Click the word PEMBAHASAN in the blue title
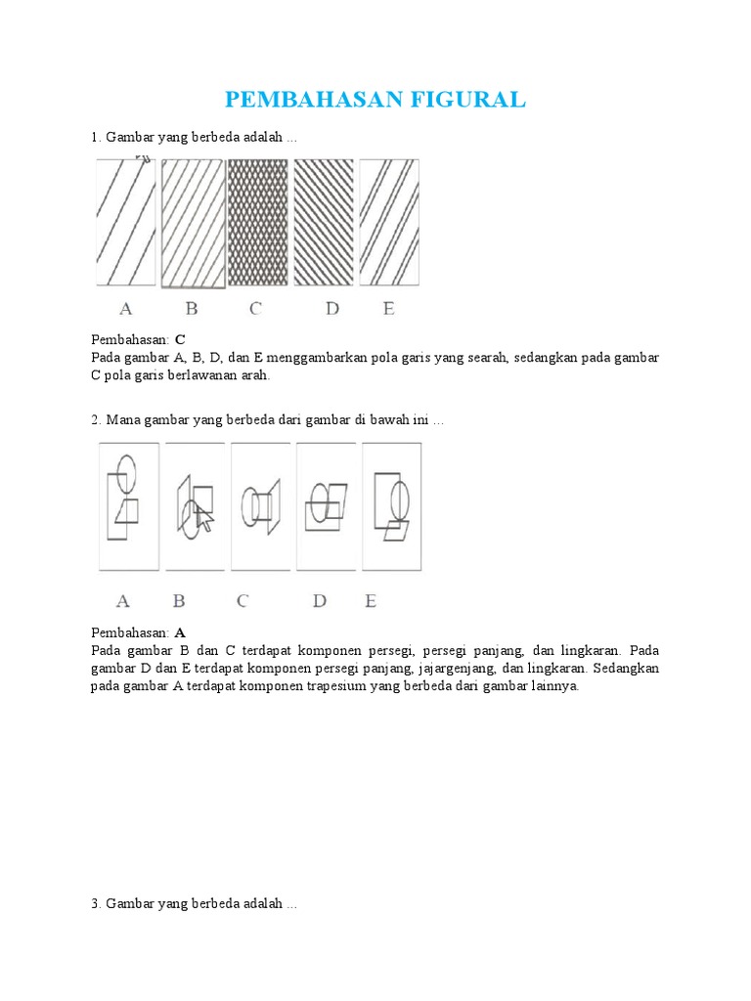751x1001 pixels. click(307, 100)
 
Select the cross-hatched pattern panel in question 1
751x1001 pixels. click(257, 223)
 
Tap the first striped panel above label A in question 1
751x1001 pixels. click(125, 223)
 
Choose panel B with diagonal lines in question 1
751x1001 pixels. click(192, 223)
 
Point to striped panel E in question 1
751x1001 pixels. click(389, 223)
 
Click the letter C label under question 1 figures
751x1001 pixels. click(255, 309)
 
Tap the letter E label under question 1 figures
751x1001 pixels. click(388, 309)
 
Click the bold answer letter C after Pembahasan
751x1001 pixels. click(180, 339)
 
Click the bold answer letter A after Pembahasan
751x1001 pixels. click(180, 632)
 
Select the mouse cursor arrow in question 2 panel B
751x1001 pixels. click(203, 518)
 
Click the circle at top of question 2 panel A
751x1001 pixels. click(123, 470)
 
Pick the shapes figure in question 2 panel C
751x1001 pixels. click(259, 506)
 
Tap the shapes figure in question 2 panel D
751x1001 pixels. click(325, 504)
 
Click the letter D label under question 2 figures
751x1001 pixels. click(319, 601)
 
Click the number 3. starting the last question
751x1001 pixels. click(97, 904)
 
